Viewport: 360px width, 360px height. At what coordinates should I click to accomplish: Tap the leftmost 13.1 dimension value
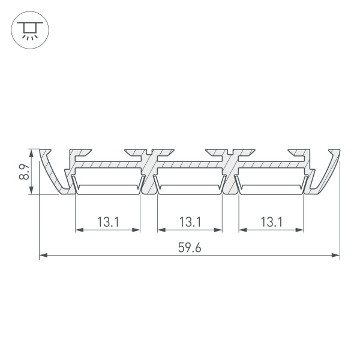click(108, 221)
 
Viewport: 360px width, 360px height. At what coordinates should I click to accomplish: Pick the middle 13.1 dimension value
click(190, 221)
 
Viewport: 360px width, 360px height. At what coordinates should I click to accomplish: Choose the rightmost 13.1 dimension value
click(271, 221)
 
